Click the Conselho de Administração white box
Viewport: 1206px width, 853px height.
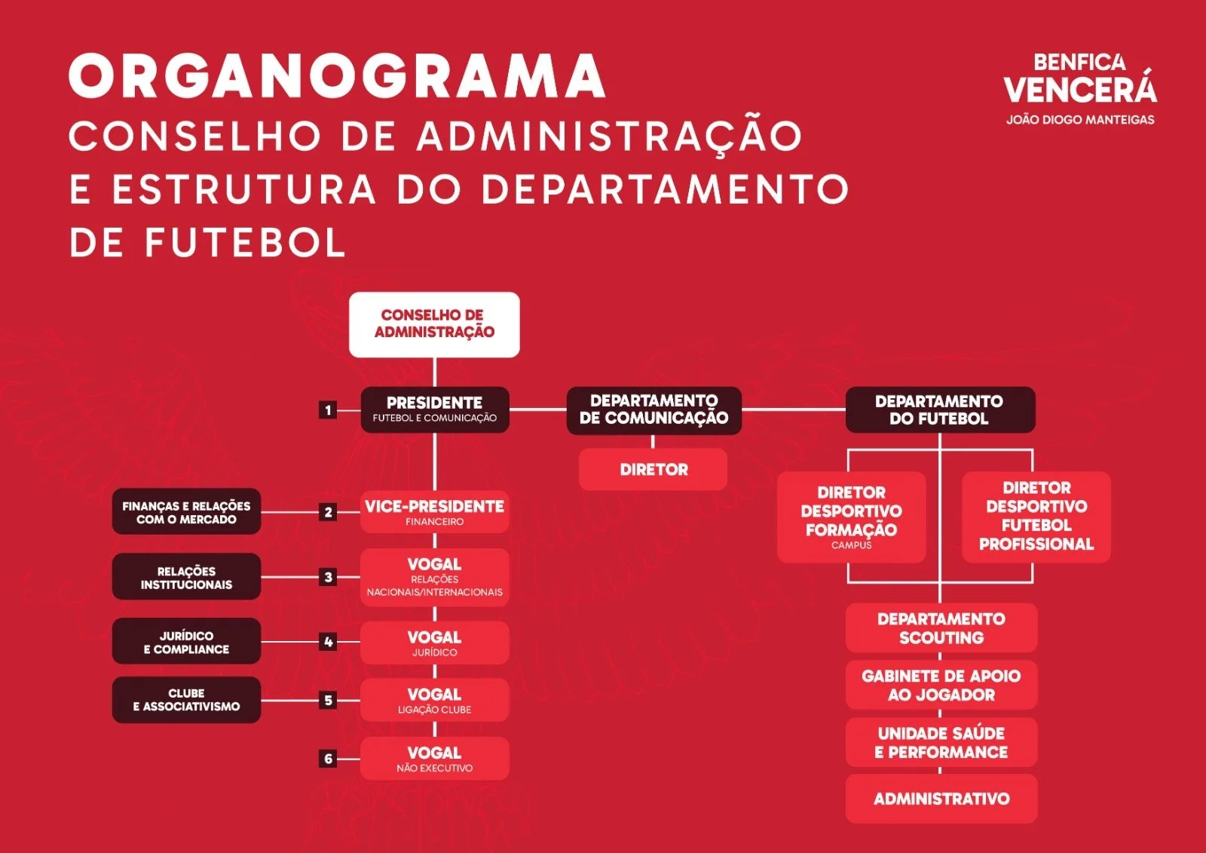(434, 324)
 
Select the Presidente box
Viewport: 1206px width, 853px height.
(435, 410)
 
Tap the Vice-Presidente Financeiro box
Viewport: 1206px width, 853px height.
(435, 511)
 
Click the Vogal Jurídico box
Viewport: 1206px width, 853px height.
(435, 643)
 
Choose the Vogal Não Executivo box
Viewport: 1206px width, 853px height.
(435, 758)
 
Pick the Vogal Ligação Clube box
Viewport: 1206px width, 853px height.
(435, 700)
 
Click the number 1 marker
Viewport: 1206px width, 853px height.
(328, 410)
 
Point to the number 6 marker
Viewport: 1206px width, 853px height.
(328, 759)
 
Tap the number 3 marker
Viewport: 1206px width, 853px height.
(328, 577)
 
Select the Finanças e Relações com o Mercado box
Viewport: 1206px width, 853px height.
(186, 512)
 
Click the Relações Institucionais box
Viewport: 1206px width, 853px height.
(186, 577)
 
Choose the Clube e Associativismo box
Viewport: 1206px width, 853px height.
(186, 700)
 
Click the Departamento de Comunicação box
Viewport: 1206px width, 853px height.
(654, 410)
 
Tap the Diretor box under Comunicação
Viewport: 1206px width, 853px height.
(654, 469)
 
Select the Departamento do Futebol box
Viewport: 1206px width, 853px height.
(939, 410)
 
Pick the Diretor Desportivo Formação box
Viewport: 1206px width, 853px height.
(851, 517)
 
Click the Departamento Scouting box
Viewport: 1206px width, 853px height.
(941, 627)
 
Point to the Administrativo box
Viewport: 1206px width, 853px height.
(941, 799)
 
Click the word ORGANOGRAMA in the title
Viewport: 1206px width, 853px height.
(337, 76)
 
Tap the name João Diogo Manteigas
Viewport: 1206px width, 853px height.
(1080, 119)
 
